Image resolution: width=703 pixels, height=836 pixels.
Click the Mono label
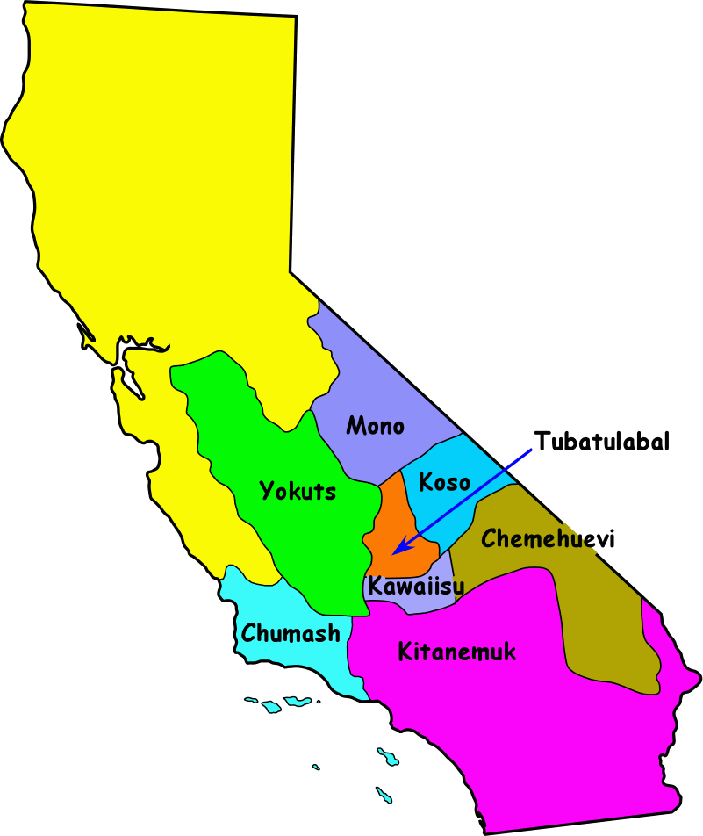375,427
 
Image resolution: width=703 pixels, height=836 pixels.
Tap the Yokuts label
298,492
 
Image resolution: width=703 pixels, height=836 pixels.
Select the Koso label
444,482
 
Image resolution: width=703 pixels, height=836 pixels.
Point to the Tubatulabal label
602,441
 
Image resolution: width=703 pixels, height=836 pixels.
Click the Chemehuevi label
549,538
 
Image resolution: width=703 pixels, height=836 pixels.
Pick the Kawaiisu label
415,587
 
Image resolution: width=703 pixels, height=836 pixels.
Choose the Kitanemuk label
456,652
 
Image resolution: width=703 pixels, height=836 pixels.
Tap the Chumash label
291,632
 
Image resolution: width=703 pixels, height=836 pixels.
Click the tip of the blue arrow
394,553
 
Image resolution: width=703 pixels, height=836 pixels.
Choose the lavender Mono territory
369,378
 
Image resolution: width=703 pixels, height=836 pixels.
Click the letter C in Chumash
248,632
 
